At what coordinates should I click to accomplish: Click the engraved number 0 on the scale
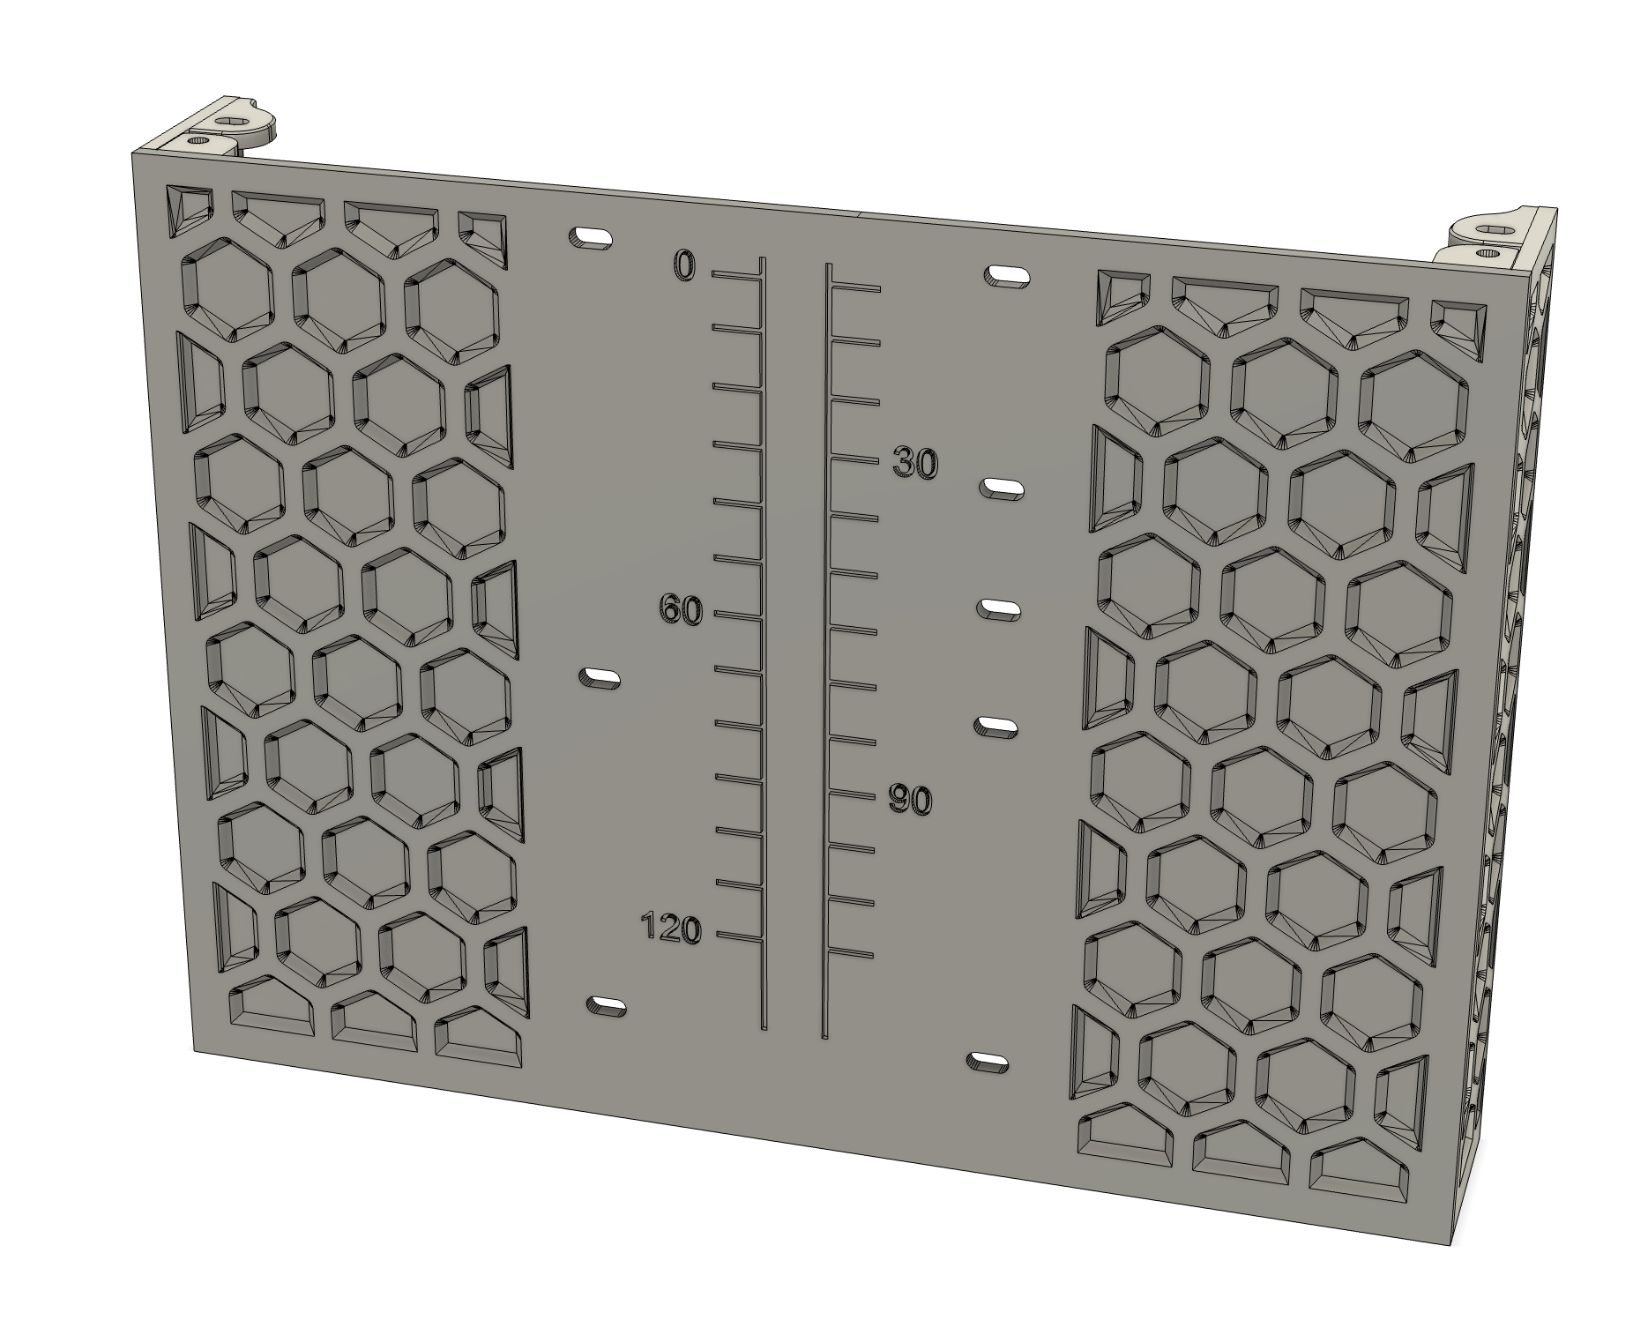pyautogui.click(x=685, y=265)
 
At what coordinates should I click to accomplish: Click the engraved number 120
pyautogui.click(x=671, y=929)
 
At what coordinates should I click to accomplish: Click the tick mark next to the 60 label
pyautogui.click(x=736, y=615)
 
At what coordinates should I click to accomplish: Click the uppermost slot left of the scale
pyautogui.click(x=591, y=238)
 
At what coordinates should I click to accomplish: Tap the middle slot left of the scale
pyautogui.click(x=599, y=678)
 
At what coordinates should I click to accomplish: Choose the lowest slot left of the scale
pyautogui.click(x=606, y=1005)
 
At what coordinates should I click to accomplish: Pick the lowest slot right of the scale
pyautogui.click(x=988, y=1062)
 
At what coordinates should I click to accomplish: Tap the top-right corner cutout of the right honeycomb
pyautogui.click(x=1458, y=332)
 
